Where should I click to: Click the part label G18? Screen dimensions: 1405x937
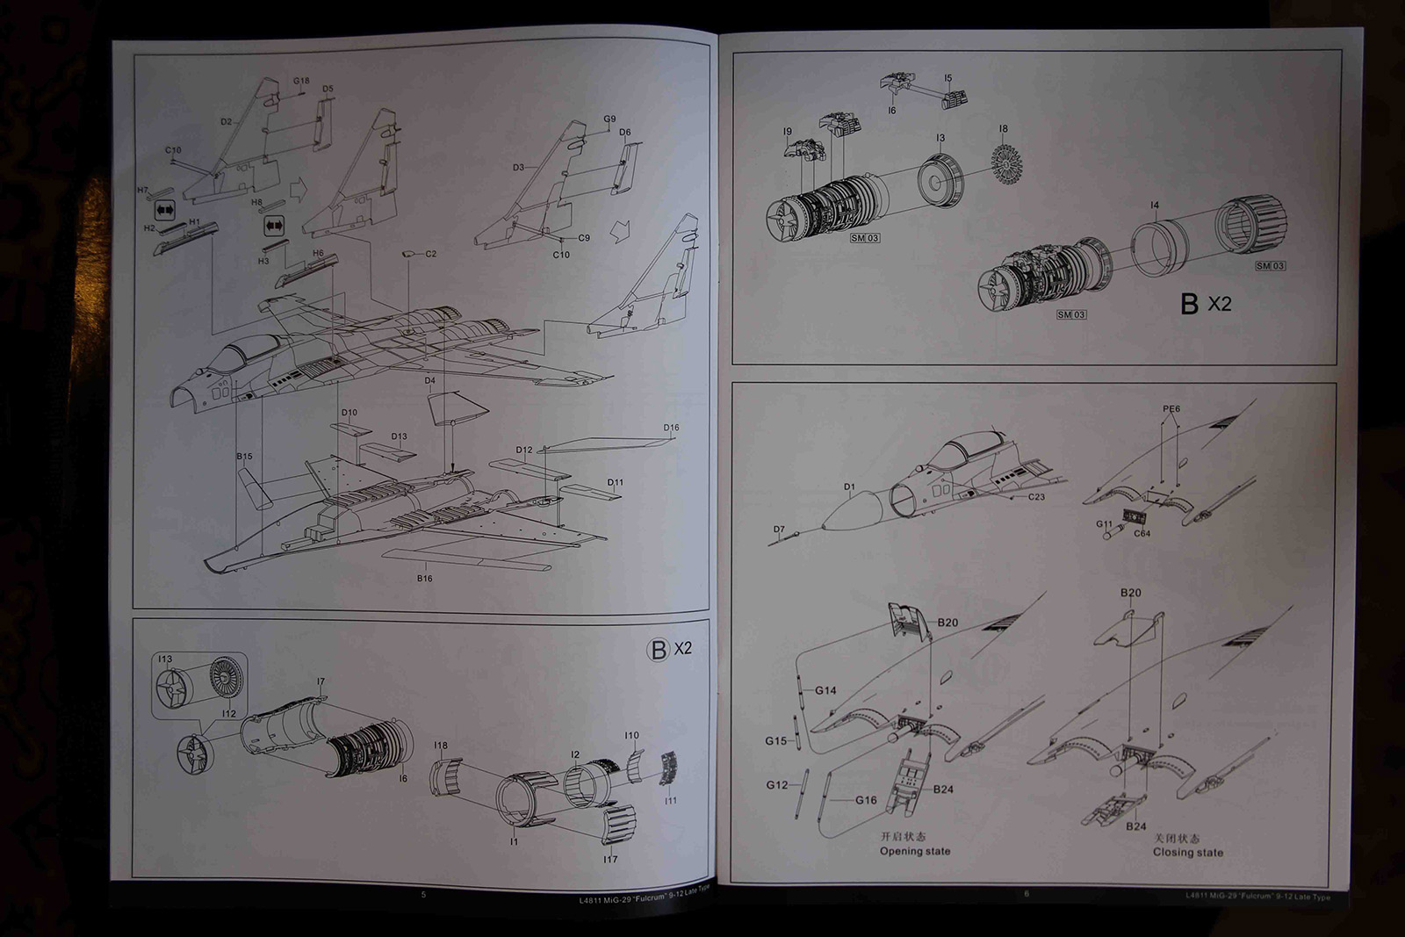point(301,81)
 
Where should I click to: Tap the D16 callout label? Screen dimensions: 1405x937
point(671,428)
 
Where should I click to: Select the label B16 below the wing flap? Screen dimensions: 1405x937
point(424,579)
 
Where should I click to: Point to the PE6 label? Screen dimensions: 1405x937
point(1171,408)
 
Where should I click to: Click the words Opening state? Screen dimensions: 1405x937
point(915,851)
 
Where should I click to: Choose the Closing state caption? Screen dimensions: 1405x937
point(1187,852)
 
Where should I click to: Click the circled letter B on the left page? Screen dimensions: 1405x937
point(658,650)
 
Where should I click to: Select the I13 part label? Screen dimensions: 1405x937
point(165,659)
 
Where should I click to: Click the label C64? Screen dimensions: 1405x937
point(1142,533)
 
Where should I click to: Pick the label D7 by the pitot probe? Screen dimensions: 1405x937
point(779,530)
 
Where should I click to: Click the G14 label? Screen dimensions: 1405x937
point(825,690)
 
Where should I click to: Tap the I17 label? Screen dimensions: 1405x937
point(610,859)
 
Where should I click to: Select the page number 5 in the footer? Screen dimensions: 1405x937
point(423,895)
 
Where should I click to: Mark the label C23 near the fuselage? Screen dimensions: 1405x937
point(1036,497)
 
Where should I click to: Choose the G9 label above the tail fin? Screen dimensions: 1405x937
point(609,119)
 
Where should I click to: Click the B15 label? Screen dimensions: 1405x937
point(244,457)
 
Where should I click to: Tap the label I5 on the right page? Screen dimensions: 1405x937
point(947,78)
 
